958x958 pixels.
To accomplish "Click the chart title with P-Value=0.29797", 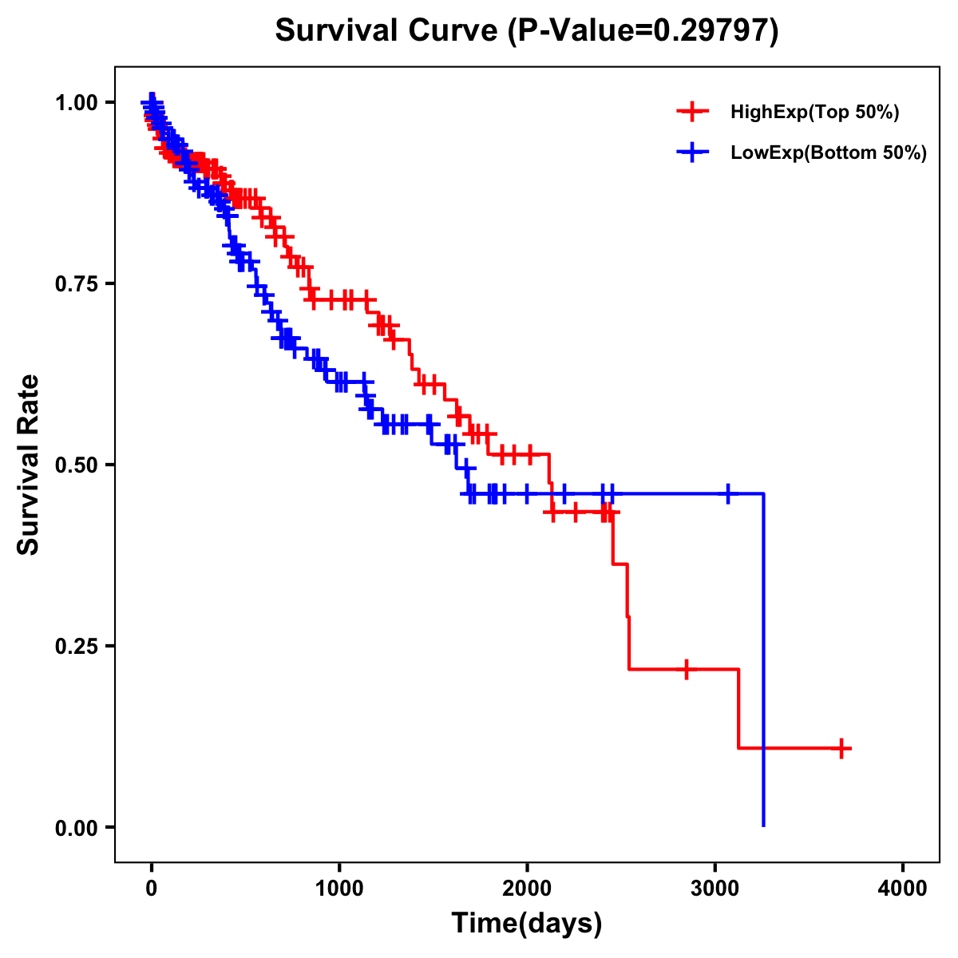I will pyautogui.click(x=526, y=30).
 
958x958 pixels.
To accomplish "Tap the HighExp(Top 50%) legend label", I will pyautogui.click(x=815, y=113).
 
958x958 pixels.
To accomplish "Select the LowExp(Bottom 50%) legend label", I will pyautogui.click(x=829, y=153).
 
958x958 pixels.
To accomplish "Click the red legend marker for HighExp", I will pyautogui.click(x=692, y=112).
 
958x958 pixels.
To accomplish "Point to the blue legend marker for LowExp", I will pyautogui.click(x=692, y=152).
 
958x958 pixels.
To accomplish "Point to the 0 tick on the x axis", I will pyautogui.click(x=151, y=889).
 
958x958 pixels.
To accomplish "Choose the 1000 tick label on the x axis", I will pyautogui.click(x=339, y=889).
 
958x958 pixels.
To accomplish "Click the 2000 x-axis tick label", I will pyautogui.click(x=527, y=889).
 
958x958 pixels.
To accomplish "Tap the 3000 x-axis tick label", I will pyautogui.click(x=715, y=889).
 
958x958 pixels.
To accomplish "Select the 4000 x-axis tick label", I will pyautogui.click(x=903, y=889).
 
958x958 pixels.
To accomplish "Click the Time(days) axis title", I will pyautogui.click(x=527, y=924).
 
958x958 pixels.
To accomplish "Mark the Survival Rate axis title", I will pyautogui.click(x=29, y=465).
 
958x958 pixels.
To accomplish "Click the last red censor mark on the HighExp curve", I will pyautogui.click(x=841, y=748).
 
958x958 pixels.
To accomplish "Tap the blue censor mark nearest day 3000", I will pyautogui.click(x=727, y=494).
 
